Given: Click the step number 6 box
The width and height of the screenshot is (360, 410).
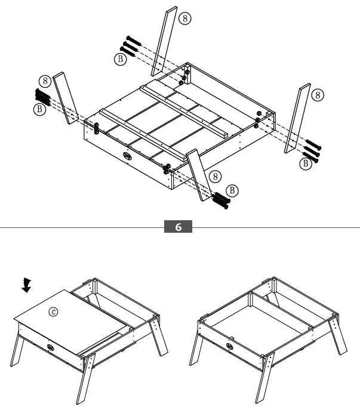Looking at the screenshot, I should tap(179, 227).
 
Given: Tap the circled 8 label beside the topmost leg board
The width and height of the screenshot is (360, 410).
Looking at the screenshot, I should tap(186, 19).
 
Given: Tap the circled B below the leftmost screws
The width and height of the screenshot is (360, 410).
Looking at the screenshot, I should tap(40, 109).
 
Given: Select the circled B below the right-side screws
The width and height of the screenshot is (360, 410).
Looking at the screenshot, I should tap(305, 162).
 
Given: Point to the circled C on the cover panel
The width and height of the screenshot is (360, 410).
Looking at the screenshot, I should tap(54, 312).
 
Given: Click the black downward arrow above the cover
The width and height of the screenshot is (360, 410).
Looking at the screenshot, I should tap(25, 285).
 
